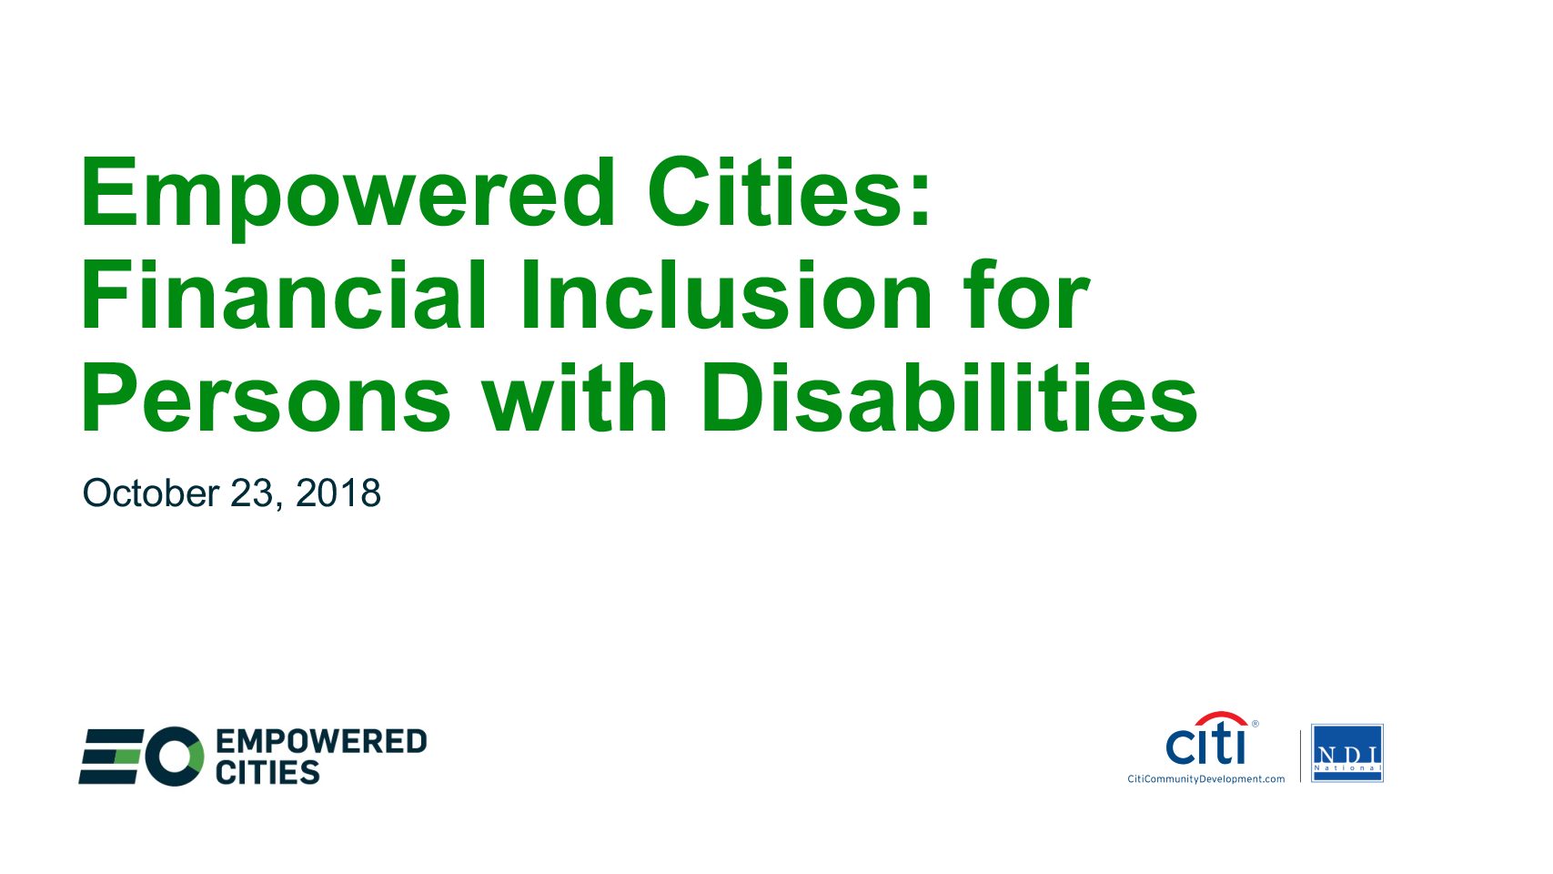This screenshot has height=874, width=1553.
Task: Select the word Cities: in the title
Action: (789, 191)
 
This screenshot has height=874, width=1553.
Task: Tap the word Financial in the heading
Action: (284, 294)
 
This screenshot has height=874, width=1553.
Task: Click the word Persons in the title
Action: (267, 398)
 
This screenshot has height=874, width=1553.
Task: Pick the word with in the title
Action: (576, 397)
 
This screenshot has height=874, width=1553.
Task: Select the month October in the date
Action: (151, 493)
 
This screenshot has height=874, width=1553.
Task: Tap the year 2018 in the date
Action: (338, 493)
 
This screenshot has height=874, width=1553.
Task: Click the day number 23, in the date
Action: (257, 494)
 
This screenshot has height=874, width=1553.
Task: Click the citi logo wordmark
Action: (1206, 745)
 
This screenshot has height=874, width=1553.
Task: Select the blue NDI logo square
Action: (1347, 753)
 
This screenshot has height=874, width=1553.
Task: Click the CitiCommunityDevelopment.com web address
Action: (1205, 779)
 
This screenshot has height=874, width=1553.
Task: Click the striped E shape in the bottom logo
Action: (111, 757)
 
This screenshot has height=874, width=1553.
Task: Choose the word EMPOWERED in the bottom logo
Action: (321, 741)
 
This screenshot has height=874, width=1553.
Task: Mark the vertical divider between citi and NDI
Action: (1301, 756)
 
